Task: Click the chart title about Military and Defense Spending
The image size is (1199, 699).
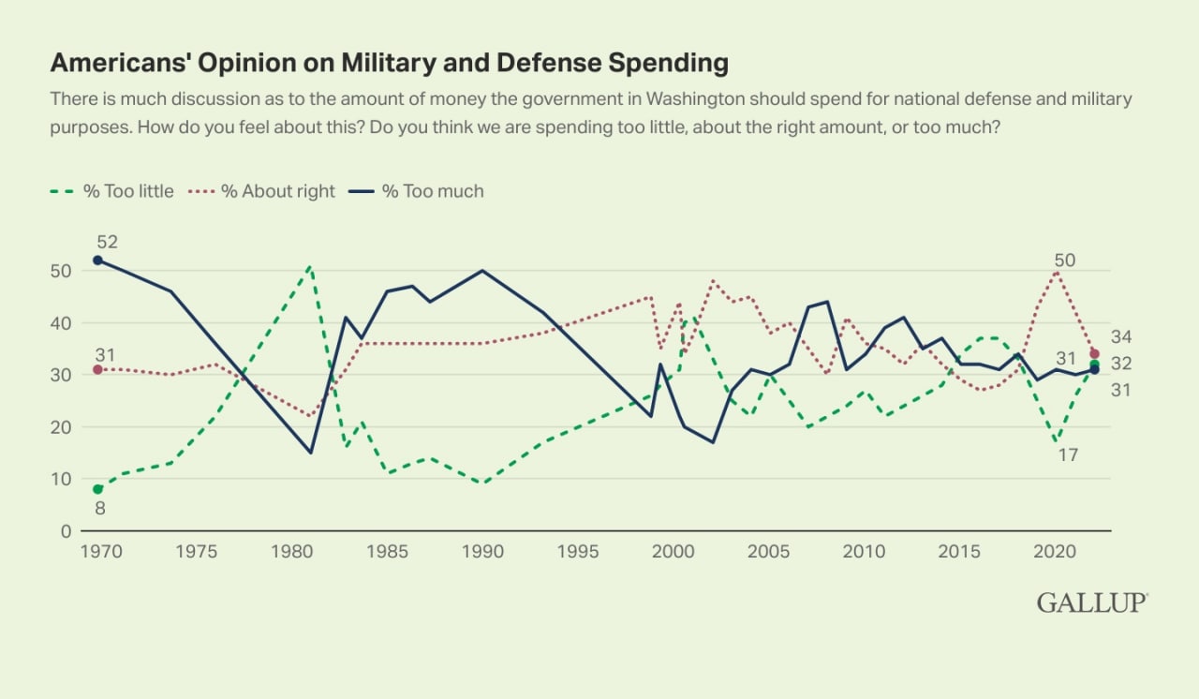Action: [389, 63]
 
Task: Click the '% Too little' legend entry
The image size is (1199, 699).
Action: [111, 191]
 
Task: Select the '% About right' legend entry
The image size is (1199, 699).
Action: [264, 191]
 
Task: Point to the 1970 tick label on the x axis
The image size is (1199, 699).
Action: [97, 551]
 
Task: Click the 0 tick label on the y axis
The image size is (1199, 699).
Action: [65, 531]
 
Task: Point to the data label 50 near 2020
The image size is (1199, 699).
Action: [1064, 260]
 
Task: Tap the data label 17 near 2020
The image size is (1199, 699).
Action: [1068, 455]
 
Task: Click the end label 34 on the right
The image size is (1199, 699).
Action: [1121, 336]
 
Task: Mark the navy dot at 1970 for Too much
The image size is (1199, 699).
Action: [97, 260]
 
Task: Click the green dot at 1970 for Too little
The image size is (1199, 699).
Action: [97, 489]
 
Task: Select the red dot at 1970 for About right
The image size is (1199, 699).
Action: [97, 369]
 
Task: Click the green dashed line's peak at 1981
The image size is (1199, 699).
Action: [310, 266]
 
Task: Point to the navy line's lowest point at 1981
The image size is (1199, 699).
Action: [310, 453]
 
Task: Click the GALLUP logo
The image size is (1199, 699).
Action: [1092, 602]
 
